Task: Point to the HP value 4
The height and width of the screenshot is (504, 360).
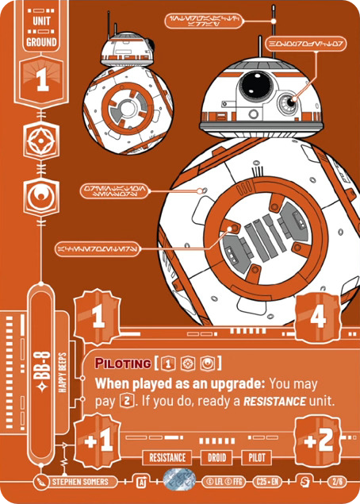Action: (319, 318)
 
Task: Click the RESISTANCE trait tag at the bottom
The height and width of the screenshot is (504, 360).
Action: (167, 458)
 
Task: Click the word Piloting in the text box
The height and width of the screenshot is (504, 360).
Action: (124, 364)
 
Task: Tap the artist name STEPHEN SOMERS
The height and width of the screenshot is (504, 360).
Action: (80, 481)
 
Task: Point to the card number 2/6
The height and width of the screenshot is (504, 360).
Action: (339, 481)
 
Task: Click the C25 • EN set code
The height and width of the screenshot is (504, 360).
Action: (268, 481)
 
